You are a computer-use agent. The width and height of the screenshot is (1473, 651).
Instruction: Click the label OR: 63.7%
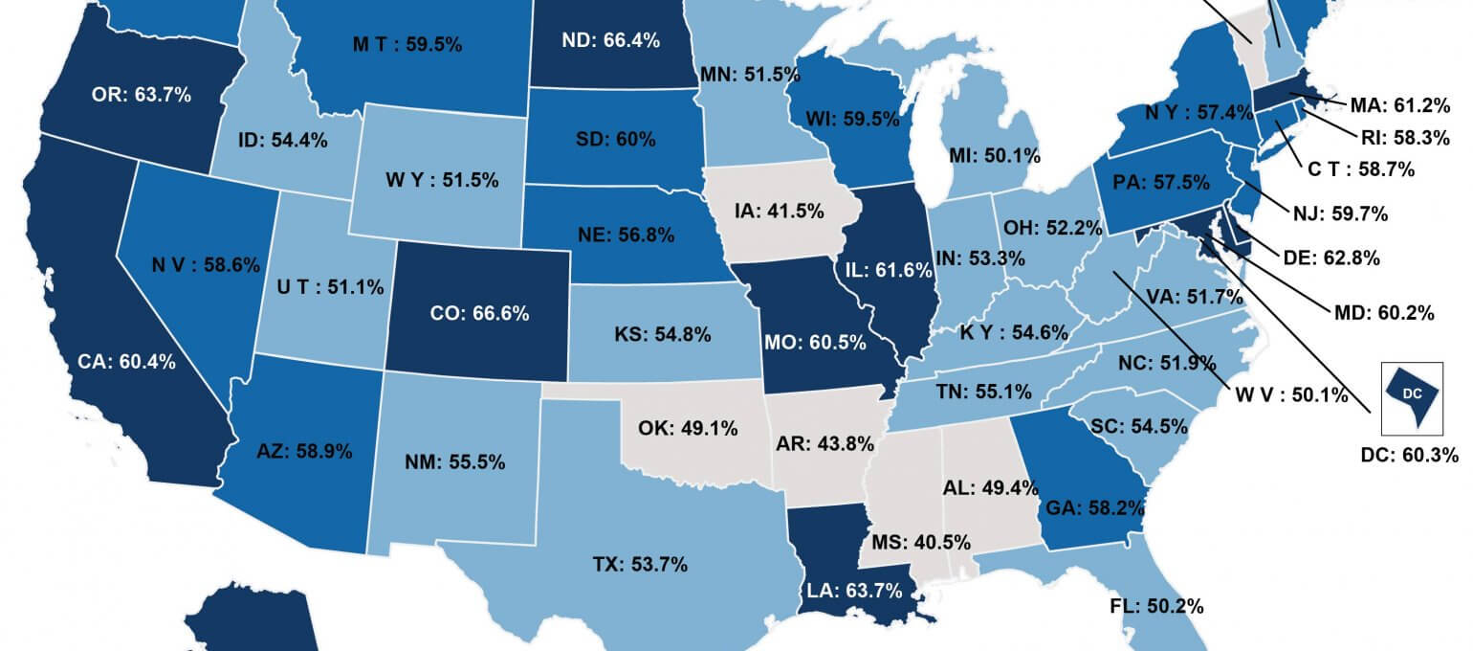click(x=142, y=95)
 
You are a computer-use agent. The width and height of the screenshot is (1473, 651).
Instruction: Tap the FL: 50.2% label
click(x=1156, y=606)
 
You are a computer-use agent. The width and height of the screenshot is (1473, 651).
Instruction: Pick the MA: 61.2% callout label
click(x=1402, y=103)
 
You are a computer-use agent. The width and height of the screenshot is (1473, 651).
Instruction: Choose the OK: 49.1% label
click(x=689, y=428)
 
